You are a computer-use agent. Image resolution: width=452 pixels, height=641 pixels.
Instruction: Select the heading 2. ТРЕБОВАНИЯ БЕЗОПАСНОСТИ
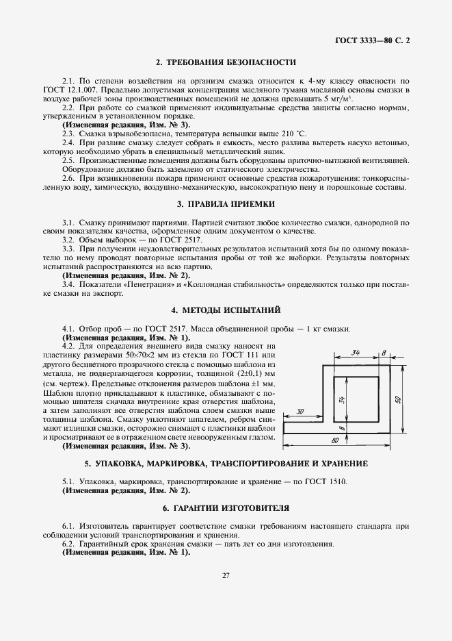[x=226, y=63]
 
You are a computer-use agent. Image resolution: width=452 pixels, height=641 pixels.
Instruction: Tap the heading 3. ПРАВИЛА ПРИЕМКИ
[x=226, y=204]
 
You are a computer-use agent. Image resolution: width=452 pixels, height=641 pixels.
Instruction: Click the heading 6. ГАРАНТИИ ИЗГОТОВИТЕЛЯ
[x=226, y=509]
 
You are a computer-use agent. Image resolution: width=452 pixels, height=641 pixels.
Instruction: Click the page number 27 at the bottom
[x=226, y=575]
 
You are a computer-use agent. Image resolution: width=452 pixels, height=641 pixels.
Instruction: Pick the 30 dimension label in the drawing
[x=300, y=411]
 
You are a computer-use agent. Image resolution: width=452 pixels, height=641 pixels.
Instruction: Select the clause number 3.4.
[x=68, y=284]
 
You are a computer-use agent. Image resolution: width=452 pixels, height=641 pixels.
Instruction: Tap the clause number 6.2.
[x=68, y=544]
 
